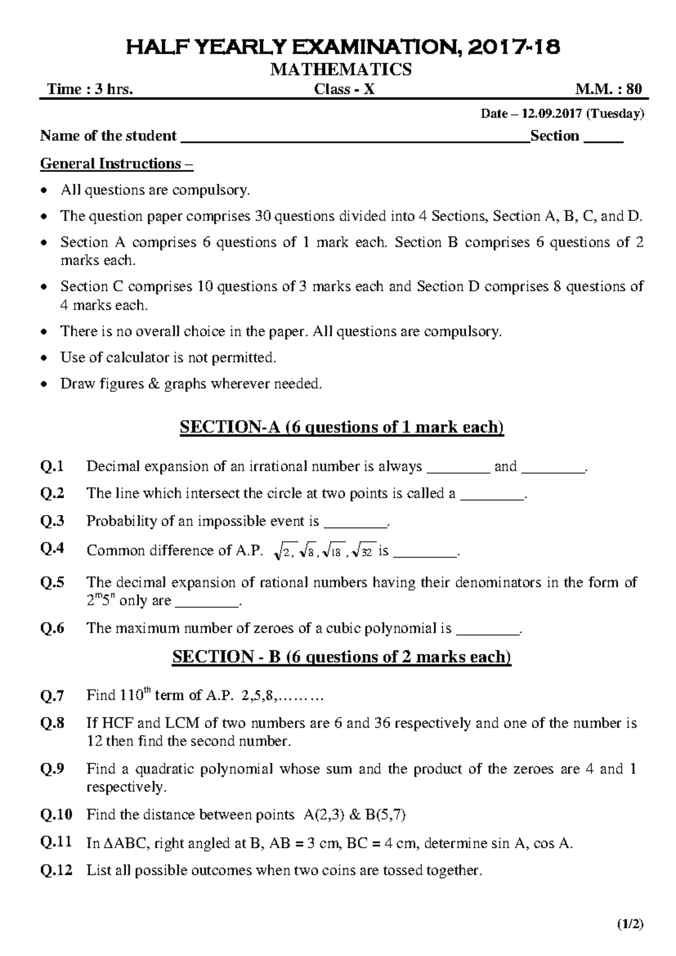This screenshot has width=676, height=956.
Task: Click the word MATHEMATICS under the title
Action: [341, 70]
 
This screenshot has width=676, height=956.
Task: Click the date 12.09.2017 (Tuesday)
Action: [562, 114]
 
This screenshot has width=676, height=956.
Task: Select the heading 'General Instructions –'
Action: [116, 164]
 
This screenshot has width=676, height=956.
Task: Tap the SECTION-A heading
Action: [341, 427]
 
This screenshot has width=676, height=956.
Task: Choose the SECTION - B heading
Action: [341, 657]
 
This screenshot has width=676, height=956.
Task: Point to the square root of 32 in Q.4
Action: [362, 552]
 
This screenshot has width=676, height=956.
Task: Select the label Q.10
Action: [56, 815]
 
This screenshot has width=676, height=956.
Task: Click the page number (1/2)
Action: [630, 924]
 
